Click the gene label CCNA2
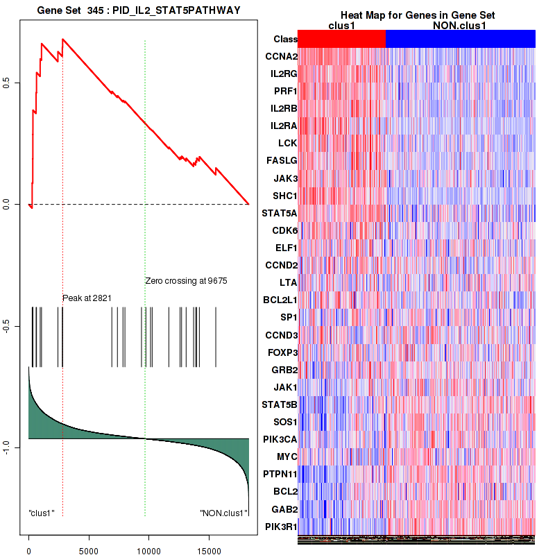(x=282, y=56)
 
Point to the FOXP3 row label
(x=282, y=352)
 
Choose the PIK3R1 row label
(x=281, y=527)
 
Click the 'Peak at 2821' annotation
(x=87, y=298)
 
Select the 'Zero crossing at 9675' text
(x=186, y=281)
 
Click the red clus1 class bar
(x=341, y=39)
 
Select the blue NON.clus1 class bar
(x=460, y=39)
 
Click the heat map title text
(x=417, y=15)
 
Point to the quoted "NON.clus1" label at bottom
(x=223, y=513)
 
